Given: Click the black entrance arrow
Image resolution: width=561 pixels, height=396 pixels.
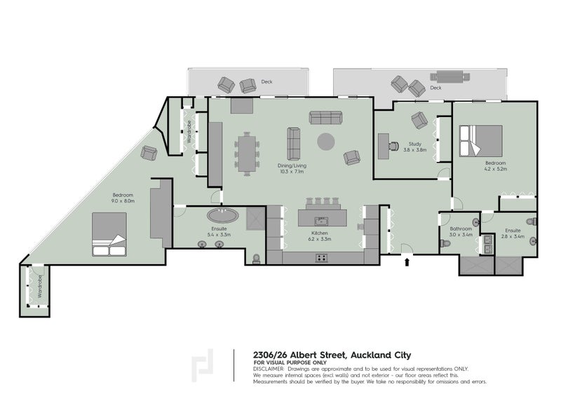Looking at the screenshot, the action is (x=407, y=262).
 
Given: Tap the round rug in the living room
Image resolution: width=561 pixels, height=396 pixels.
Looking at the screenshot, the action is (x=325, y=142).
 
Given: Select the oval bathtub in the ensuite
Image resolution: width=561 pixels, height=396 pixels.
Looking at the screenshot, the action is (x=222, y=215).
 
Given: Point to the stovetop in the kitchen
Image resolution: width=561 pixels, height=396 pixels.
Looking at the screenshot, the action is (x=321, y=257).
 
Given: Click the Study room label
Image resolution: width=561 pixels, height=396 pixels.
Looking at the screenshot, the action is (x=415, y=144).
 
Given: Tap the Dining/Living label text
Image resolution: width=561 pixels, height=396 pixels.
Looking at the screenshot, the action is (x=292, y=165).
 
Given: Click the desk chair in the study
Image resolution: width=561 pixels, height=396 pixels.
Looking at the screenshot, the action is (x=394, y=146).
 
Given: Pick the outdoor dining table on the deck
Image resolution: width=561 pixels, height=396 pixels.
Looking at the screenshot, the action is (x=450, y=76).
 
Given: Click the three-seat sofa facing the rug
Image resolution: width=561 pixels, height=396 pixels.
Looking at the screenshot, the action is (x=325, y=117).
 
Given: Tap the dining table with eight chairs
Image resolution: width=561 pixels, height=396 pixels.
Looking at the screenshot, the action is (x=247, y=153).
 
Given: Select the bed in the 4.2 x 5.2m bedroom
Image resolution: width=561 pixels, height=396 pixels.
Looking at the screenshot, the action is (x=481, y=140).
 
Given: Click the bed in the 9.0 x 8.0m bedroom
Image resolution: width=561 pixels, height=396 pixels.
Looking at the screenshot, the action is (x=109, y=234).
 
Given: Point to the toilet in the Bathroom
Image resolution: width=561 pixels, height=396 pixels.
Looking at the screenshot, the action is (x=445, y=244).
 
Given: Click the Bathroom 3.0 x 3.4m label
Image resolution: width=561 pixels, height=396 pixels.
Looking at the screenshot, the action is (x=461, y=232).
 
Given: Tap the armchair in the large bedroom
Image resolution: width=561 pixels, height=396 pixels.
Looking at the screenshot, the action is (x=149, y=153).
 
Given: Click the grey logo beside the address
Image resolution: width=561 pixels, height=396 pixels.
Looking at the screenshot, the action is (x=202, y=365).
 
